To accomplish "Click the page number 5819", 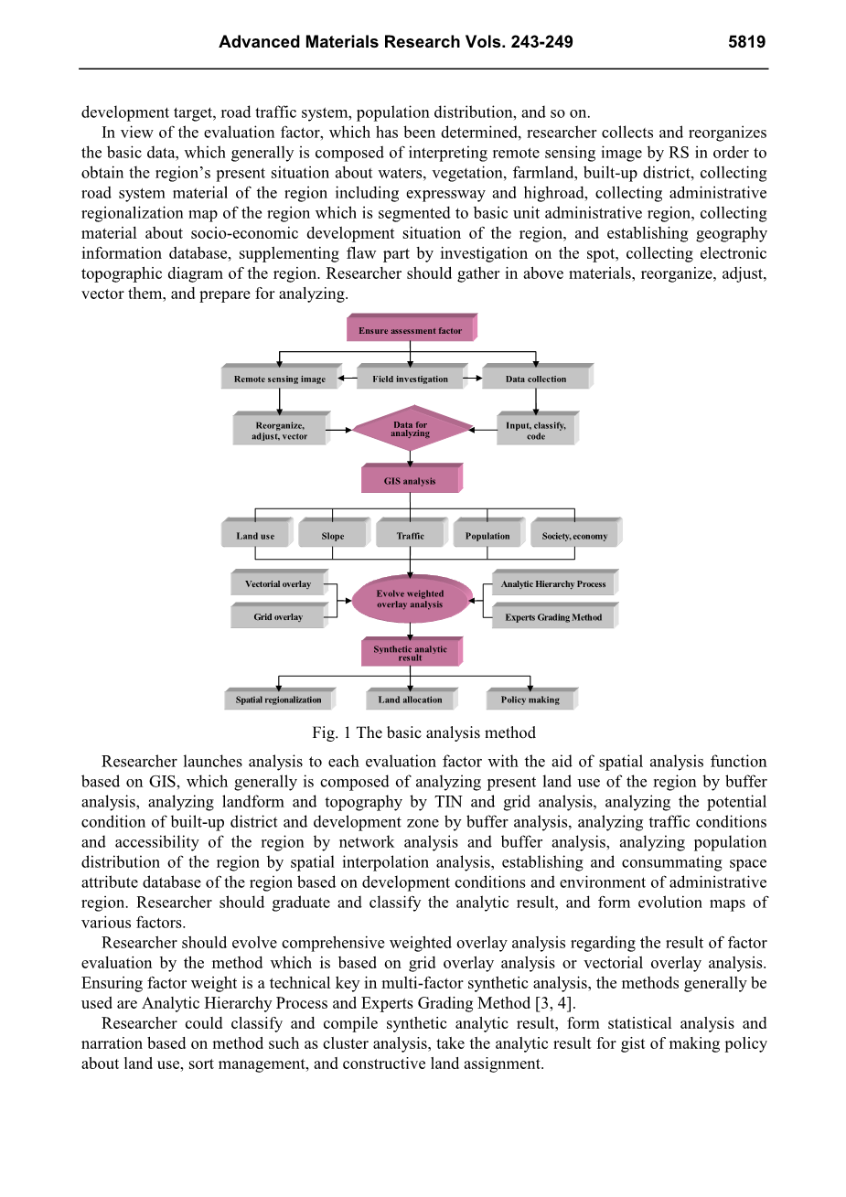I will pyautogui.click(x=746, y=42).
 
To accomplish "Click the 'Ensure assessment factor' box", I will pyautogui.click(x=410, y=330).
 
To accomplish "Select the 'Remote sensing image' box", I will pyautogui.click(x=279, y=379).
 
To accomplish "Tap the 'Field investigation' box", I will pyautogui.click(x=410, y=379).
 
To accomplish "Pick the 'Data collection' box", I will pyautogui.click(x=536, y=379).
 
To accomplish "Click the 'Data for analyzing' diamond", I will pyautogui.click(x=410, y=429).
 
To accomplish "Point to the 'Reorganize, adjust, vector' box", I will pyautogui.click(x=280, y=431).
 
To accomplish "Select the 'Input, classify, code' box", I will pyautogui.click(x=536, y=431).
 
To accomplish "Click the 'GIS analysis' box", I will pyautogui.click(x=410, y=480).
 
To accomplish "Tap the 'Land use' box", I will pyautogui.click(x=255, y=536).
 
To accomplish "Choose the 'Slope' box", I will pyautogui.click(x=333, y=536).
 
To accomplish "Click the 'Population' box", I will pyautogui.click(x=487, y=536).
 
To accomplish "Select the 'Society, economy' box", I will pyautogui.click(x=574, y=536).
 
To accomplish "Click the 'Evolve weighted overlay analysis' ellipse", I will pyautogui.click(x=410, y=599).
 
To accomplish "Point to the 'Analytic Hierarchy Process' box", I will pyautogui.click(x=552, y=583).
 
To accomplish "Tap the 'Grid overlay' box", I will pyautogui.click(x=278, y=616).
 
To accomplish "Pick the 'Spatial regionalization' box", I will pyautogui.click(x=278, y=700).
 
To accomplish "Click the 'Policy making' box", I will pyautogui.click(x=530, y=700).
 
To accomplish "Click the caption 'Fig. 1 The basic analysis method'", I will pyautogui.click(x=423, y=732).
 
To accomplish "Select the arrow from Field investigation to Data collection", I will pyautogui.click(x=472, y=378).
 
